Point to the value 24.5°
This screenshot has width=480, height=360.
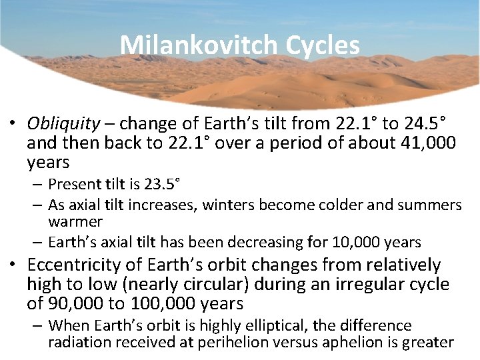[418, 125]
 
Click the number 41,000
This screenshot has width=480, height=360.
[424, 143]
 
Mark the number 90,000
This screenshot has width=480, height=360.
[73, 304]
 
